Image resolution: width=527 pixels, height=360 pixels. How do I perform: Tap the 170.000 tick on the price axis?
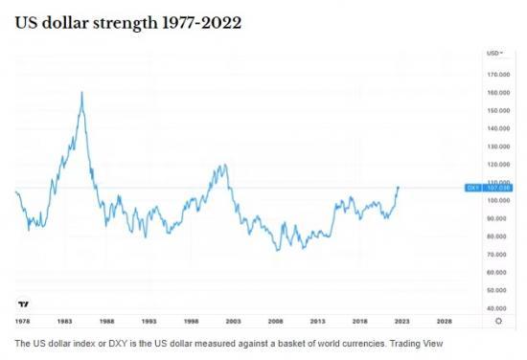tap(497, 74)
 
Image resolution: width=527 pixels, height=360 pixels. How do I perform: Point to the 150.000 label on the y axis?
tap(497, 110)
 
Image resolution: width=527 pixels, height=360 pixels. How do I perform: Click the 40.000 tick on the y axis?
tap(498, 308)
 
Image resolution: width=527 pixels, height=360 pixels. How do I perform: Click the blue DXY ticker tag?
tap(472, 188)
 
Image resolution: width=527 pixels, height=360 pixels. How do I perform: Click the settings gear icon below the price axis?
tap(497, 322)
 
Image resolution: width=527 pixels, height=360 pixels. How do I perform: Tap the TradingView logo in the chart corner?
tap(23, 303)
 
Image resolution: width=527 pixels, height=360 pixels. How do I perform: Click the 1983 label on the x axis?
tap(64, 322)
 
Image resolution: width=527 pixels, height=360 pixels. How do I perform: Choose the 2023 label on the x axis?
tap(402, 322)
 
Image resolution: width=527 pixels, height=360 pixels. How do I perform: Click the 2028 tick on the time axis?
tap(445, 322)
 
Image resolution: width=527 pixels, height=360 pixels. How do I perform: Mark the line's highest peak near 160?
tap(82, 92)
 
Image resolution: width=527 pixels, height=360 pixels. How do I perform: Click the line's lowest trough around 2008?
tap(277, 251)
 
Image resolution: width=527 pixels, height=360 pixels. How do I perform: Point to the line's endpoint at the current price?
tap(399, 188)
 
